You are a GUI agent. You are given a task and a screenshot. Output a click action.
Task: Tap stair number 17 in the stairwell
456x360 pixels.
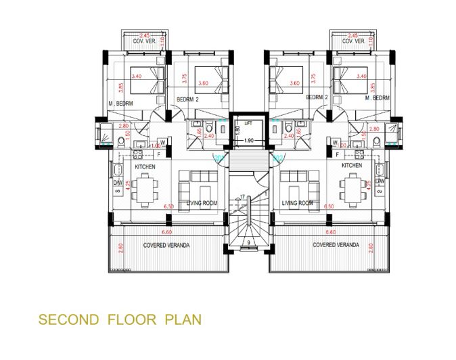point(242,197)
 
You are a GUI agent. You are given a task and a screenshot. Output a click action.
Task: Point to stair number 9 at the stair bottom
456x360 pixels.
point(250,242)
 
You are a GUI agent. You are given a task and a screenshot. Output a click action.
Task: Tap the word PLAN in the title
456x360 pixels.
point(183,319)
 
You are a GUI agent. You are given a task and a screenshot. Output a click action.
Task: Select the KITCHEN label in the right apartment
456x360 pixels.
point(352,165)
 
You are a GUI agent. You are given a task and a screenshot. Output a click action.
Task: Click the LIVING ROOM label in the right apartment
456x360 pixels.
point(297,202)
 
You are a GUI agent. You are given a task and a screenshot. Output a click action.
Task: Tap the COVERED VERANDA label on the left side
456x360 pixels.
point(166,244)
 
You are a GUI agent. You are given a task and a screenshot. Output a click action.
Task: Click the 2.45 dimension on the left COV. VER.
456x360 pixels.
point(144,35)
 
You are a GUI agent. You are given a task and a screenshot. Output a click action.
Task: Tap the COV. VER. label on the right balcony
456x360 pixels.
point(353,41)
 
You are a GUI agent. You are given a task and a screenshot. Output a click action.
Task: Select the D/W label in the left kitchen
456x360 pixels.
point(117,182)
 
